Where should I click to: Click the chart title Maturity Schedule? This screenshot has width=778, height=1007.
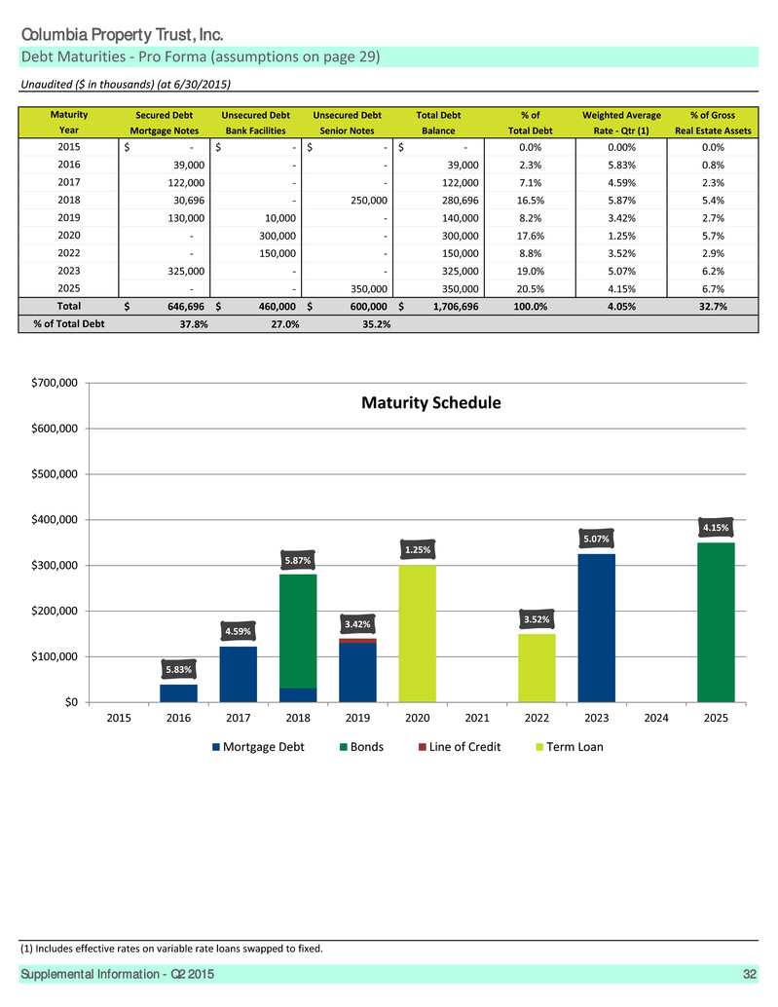(x=430, y=402)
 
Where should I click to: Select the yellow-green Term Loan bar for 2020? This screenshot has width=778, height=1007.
(x=418, y=633)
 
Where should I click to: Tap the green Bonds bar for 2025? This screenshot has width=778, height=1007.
(x=716, y=622)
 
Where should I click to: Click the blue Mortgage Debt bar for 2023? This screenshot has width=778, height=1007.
(x=596, y=628)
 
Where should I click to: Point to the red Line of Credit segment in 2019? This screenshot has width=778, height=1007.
(x=357, y=640)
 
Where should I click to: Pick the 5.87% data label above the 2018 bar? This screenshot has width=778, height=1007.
(x=298, y=561)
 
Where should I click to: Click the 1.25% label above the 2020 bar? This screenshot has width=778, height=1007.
(x=418, y=549)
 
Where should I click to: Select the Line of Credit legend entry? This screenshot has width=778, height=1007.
(x=460, y=747)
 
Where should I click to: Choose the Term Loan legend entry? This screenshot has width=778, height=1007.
(x=570, y=747)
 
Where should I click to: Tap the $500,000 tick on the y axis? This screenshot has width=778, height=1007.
(x=55, y=474)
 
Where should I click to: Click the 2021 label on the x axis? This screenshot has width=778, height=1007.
(x=477, y=718)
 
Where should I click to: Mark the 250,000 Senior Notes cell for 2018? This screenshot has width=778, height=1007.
(x=369, y=201)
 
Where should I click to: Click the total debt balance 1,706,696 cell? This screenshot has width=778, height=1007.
(x=456, y=307)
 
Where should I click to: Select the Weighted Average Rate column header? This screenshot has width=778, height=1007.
(x=621, y=123)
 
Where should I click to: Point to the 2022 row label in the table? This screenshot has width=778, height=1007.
(x=69, y=253)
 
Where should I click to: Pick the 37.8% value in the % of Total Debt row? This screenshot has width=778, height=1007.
(x=194, y=324)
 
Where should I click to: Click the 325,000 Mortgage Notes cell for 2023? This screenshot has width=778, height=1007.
(x=186, y=271)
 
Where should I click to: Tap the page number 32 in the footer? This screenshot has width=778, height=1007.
(x=750, y=974)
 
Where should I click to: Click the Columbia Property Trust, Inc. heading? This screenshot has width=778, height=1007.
(x=122, y=35)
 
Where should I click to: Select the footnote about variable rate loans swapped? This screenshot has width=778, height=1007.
(x=171, y=949)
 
